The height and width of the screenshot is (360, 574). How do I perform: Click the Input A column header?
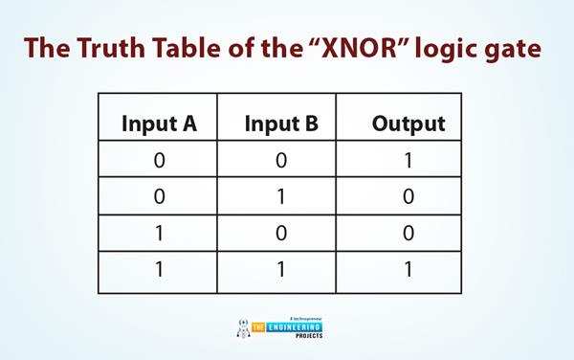tap(159, 124)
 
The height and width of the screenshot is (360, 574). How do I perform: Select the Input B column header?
tap(281, 124)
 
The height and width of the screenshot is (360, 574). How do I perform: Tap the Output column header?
tap(408, 124)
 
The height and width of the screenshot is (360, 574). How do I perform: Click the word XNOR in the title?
tap(360, 48)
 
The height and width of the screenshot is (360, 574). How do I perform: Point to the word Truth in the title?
tap(111, 48)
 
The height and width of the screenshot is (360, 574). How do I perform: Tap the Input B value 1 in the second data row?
tap(281, 196)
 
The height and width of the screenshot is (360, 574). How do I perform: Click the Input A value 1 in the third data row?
tap(159, 234)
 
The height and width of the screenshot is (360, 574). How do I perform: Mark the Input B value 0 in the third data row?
tap(281, 234)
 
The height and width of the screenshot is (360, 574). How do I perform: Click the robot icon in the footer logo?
tap(243, 328)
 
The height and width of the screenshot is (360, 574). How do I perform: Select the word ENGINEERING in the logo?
tap(295, 327)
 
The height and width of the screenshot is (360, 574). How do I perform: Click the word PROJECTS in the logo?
tap(309, 335)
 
